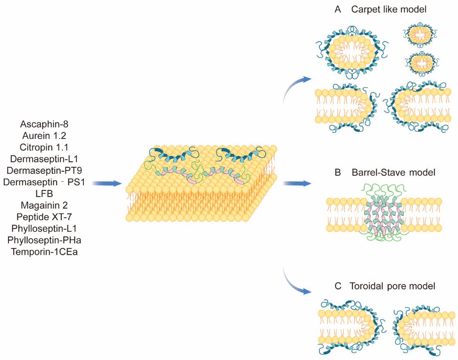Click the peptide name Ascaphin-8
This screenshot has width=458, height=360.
point(45,124)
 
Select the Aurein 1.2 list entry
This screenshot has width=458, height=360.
point(45,136)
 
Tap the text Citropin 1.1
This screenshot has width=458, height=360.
point(45,147)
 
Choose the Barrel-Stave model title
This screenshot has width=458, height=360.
point(384,173)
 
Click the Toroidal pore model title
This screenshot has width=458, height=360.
point(384,286)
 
